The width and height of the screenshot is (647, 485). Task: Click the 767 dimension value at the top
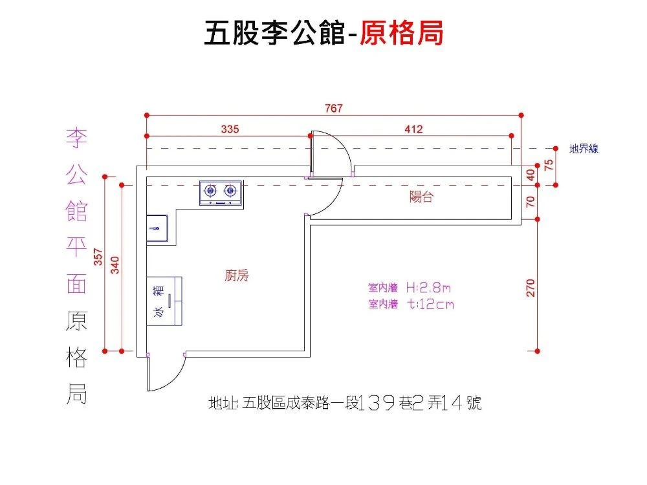[334, 108]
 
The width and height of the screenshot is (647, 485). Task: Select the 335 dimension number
[230, 129]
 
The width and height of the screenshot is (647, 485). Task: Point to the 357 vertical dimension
[98, 257]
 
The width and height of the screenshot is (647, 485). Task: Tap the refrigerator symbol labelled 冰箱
[164, 301]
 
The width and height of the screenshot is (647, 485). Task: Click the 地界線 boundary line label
[584, 149]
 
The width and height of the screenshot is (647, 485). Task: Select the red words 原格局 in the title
[402, 33]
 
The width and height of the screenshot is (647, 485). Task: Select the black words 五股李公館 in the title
[272, 33]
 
